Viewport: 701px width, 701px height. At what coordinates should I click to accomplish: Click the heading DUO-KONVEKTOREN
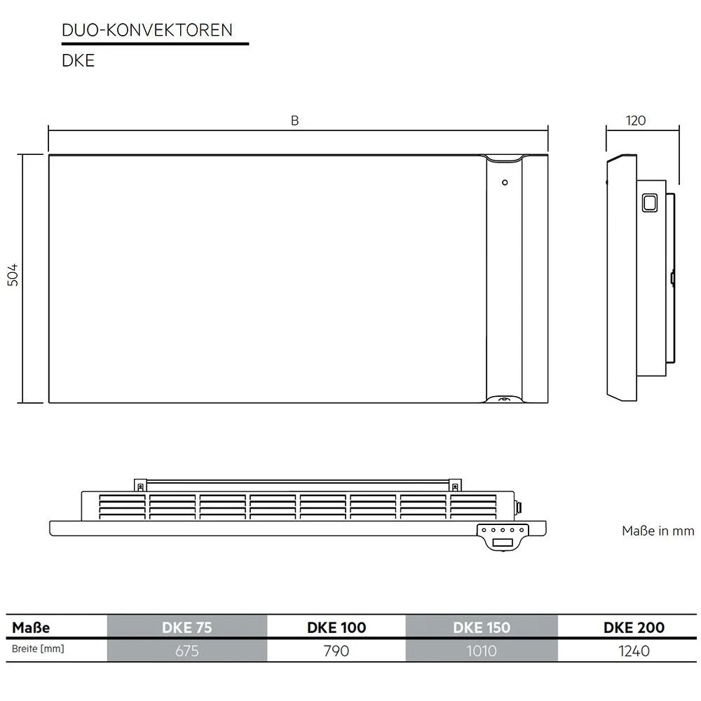(147, 30)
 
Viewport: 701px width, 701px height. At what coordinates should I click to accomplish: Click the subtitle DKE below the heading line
(78, 61)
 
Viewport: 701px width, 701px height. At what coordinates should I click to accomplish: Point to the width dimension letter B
(295, 121)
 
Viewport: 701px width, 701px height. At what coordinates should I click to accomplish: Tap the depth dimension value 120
(635, 121)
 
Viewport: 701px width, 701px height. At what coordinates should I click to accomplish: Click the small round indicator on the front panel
(504, 183)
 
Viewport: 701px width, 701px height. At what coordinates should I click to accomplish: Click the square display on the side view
(649, 203)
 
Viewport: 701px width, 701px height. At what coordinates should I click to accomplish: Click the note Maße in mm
(658, 531)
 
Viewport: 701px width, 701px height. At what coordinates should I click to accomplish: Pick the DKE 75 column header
(186, 627)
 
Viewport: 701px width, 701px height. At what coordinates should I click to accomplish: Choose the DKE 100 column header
(336, 627)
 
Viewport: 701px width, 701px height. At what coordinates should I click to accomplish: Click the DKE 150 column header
(482, 627)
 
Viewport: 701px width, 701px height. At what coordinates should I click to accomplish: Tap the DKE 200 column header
(634, 627)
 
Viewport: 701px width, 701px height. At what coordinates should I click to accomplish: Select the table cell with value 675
(186, 651)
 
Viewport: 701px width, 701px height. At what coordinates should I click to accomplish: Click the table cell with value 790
(336, 651)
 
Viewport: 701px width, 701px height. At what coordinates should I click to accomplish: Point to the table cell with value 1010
(482, 651)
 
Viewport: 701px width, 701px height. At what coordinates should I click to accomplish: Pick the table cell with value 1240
(634, 651)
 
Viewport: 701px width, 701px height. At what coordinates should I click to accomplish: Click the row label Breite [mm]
(39, 649)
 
